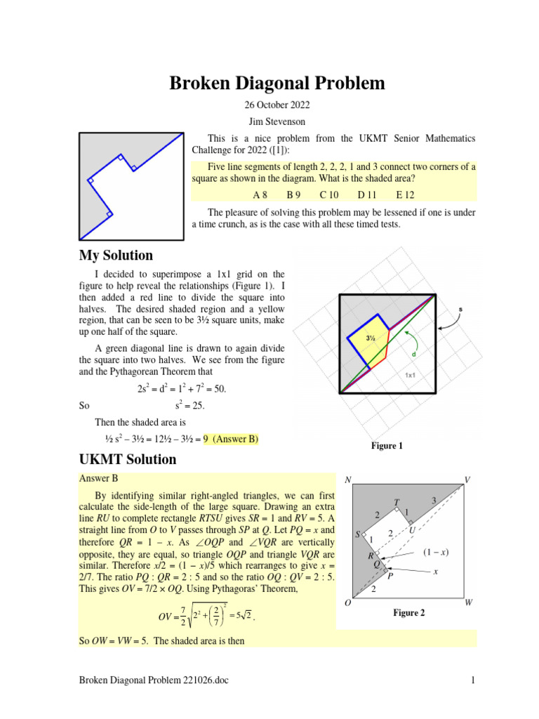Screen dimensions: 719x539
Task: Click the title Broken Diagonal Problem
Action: click(277, 84)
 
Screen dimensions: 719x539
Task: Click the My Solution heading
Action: click(116, 255)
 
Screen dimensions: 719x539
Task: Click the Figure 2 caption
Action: click(409, 613)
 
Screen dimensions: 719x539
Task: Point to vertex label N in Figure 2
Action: click(348, 480)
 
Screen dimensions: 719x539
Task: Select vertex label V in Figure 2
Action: click(468, 480)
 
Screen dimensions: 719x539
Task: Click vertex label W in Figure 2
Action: click(468, 602)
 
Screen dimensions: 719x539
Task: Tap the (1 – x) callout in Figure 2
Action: click(436, 552)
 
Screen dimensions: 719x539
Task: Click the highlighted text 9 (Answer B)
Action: click(231, 440)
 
